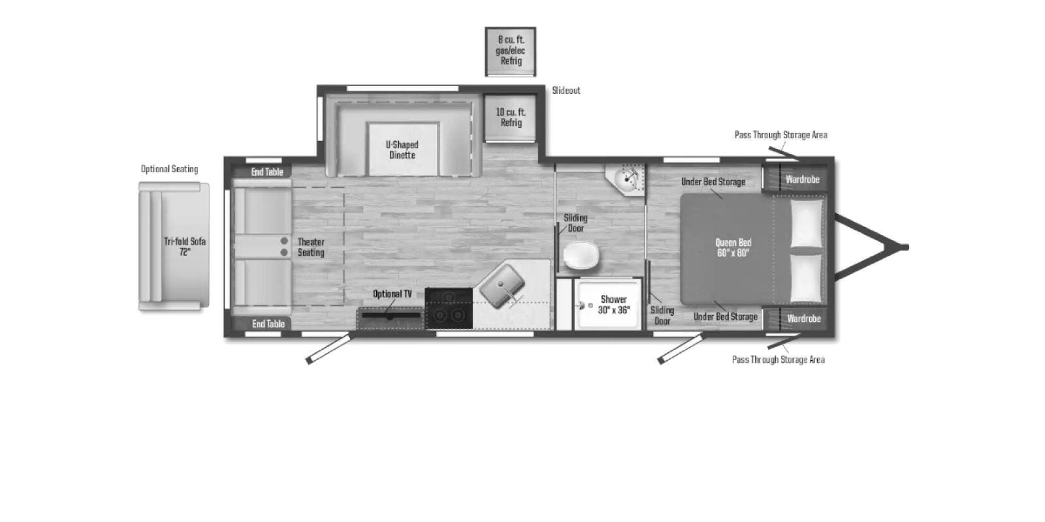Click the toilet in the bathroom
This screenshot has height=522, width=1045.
[581, 255]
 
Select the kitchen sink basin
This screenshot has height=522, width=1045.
[502, 286]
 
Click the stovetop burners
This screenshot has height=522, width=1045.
[449, 308]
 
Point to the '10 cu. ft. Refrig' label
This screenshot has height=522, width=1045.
[511, 117]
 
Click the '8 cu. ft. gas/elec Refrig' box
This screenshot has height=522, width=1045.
[510, 52]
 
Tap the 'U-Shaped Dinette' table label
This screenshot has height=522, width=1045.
[402, 149]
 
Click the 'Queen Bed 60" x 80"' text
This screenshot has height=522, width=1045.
[733, 247]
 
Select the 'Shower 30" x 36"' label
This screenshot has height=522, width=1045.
[613, 304]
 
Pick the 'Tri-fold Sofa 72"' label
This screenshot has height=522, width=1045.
[185, 247]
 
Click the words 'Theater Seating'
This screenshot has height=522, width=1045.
[311, 247]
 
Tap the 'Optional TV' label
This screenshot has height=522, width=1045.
[393, 294]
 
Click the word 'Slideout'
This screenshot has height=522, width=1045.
[566, 91]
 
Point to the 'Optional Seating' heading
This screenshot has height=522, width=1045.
[169, 169]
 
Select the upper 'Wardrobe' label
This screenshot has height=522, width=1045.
[803, 179]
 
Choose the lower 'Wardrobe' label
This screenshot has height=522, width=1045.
[804, 319]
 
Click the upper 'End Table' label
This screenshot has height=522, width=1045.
[267, 172]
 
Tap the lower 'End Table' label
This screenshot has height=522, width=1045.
[268, 324]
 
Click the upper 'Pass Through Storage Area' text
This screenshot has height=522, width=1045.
[781, 134]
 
